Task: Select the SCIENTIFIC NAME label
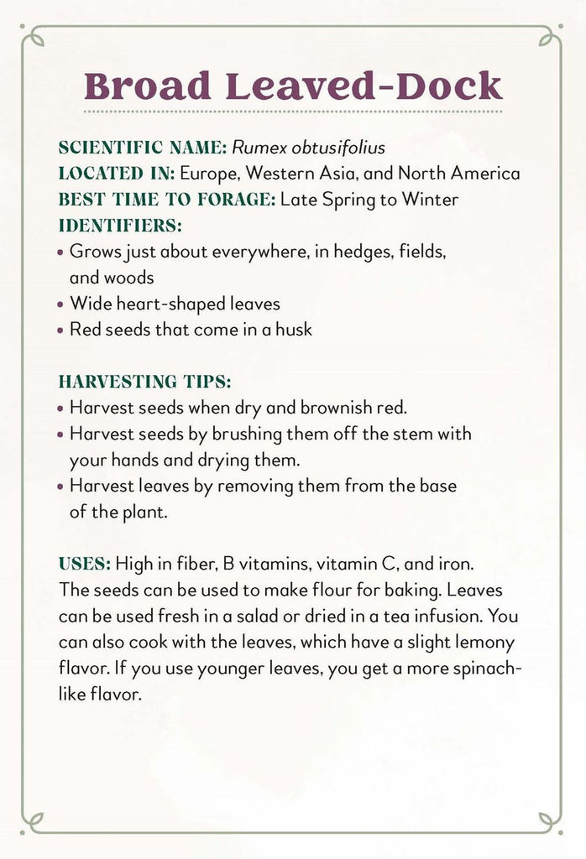point(142,148)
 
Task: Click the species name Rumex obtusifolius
point(308,148)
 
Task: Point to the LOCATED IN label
point(117,174)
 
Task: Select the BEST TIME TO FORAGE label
point(167,200)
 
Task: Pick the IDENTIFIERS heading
point(120,226)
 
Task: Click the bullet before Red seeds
point(60,331)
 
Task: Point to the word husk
point(293,330)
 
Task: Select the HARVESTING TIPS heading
point(144,382)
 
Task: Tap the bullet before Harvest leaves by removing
point(60,487)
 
